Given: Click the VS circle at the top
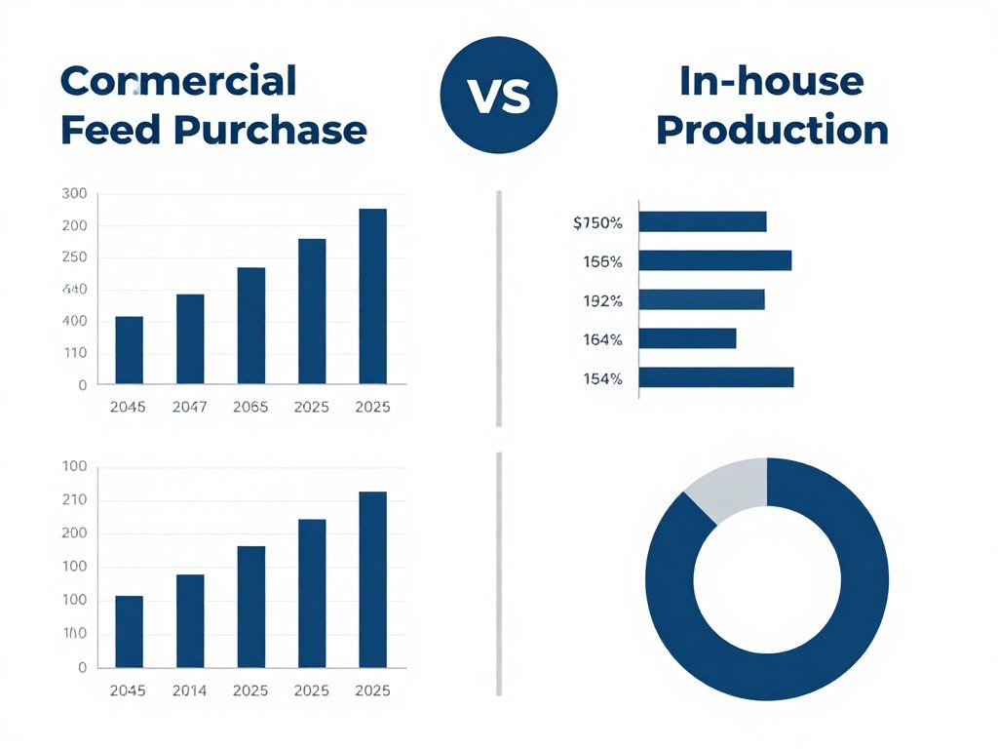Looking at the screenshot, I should (x=498, y=96).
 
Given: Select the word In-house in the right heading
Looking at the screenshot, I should (x=771, y=81).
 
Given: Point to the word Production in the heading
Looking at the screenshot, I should (x=772, y=130).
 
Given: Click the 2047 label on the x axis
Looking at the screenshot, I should (x=189, y=408).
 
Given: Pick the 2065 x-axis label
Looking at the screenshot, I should (x=250, y=408).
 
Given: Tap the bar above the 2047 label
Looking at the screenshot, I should (x=190, y=338).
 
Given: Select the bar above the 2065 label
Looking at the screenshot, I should (x=251, y=325).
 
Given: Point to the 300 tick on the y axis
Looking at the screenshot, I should (x=74, y=194).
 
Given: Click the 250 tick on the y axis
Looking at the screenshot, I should (x=74, y=257).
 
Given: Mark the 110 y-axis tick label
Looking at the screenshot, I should (x=74, y=353).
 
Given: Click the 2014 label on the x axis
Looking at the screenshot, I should (x=189, y=690).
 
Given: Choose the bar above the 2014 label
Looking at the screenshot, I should (x=190, y=620).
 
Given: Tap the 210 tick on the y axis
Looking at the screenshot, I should (x=74, y=500).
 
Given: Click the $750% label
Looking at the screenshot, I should (x=597, y=223).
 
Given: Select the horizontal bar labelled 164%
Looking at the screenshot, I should (x=687, y=338).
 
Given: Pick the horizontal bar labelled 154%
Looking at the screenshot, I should (x=716, y=377).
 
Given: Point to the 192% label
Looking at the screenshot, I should (x=602, y=301).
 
